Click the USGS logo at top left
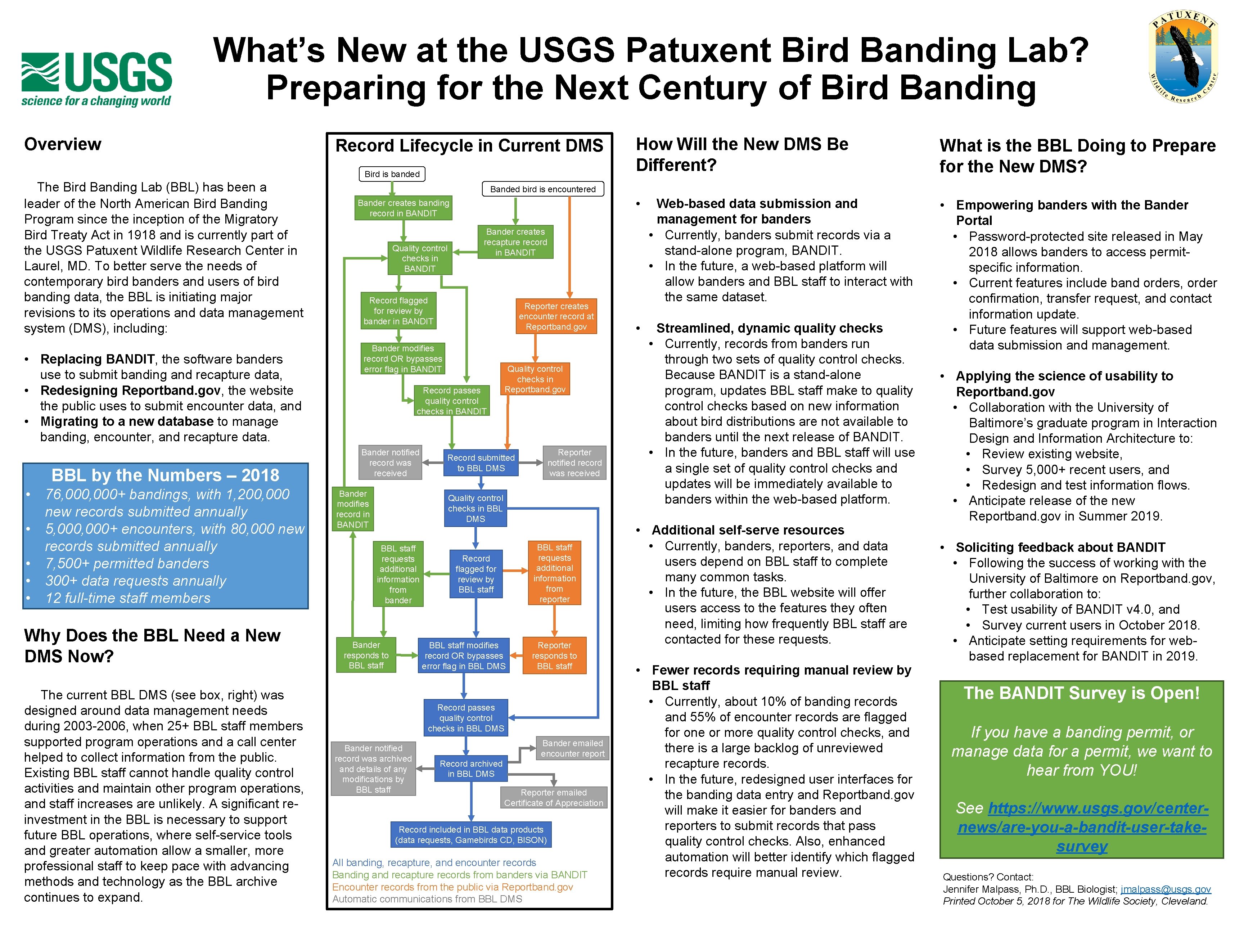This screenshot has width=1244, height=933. pos(97,79)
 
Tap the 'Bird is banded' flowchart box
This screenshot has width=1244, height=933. pos(392,174)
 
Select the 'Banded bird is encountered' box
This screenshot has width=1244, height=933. pos(543,189)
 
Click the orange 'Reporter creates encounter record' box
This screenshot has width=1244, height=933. pos(556,316)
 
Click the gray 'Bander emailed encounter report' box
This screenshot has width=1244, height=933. pos(573,749)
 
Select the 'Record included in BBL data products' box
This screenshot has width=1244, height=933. pos(471,835)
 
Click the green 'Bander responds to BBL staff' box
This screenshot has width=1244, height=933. pos(366,655)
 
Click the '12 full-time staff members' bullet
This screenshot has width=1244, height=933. pos(128,598)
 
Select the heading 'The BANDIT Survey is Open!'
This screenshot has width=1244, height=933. pos(1081,693)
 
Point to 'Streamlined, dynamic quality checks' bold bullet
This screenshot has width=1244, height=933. pos(769,328)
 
